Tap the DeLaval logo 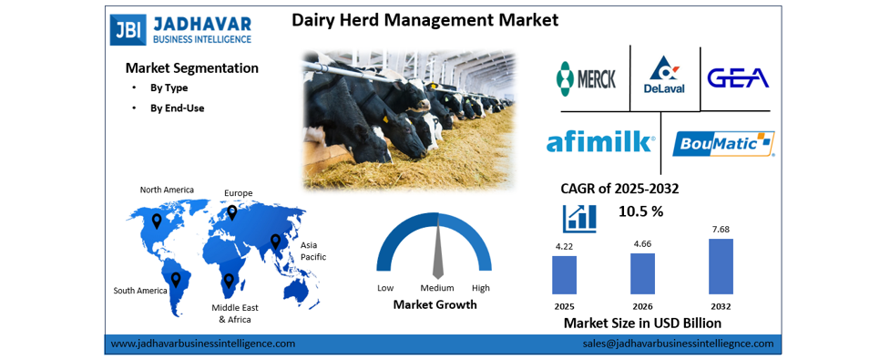tap(664, 75)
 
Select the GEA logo tap(738, 77)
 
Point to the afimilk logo tap(600, 141)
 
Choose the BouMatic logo tap(723, 144)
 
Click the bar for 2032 tap(721, 266)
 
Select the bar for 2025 tap(564, 275)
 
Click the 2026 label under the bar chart tap(642, 306)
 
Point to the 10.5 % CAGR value tap(640, 211)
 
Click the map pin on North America tap(157, 221)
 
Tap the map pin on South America tap(176, 280)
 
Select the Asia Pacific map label tap(313, 251)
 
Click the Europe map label tap(239, 193)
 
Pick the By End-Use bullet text tap(177, 108)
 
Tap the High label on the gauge tap(481, 288)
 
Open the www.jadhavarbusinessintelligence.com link tap(202, 344)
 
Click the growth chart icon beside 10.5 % tap(579, 218)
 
